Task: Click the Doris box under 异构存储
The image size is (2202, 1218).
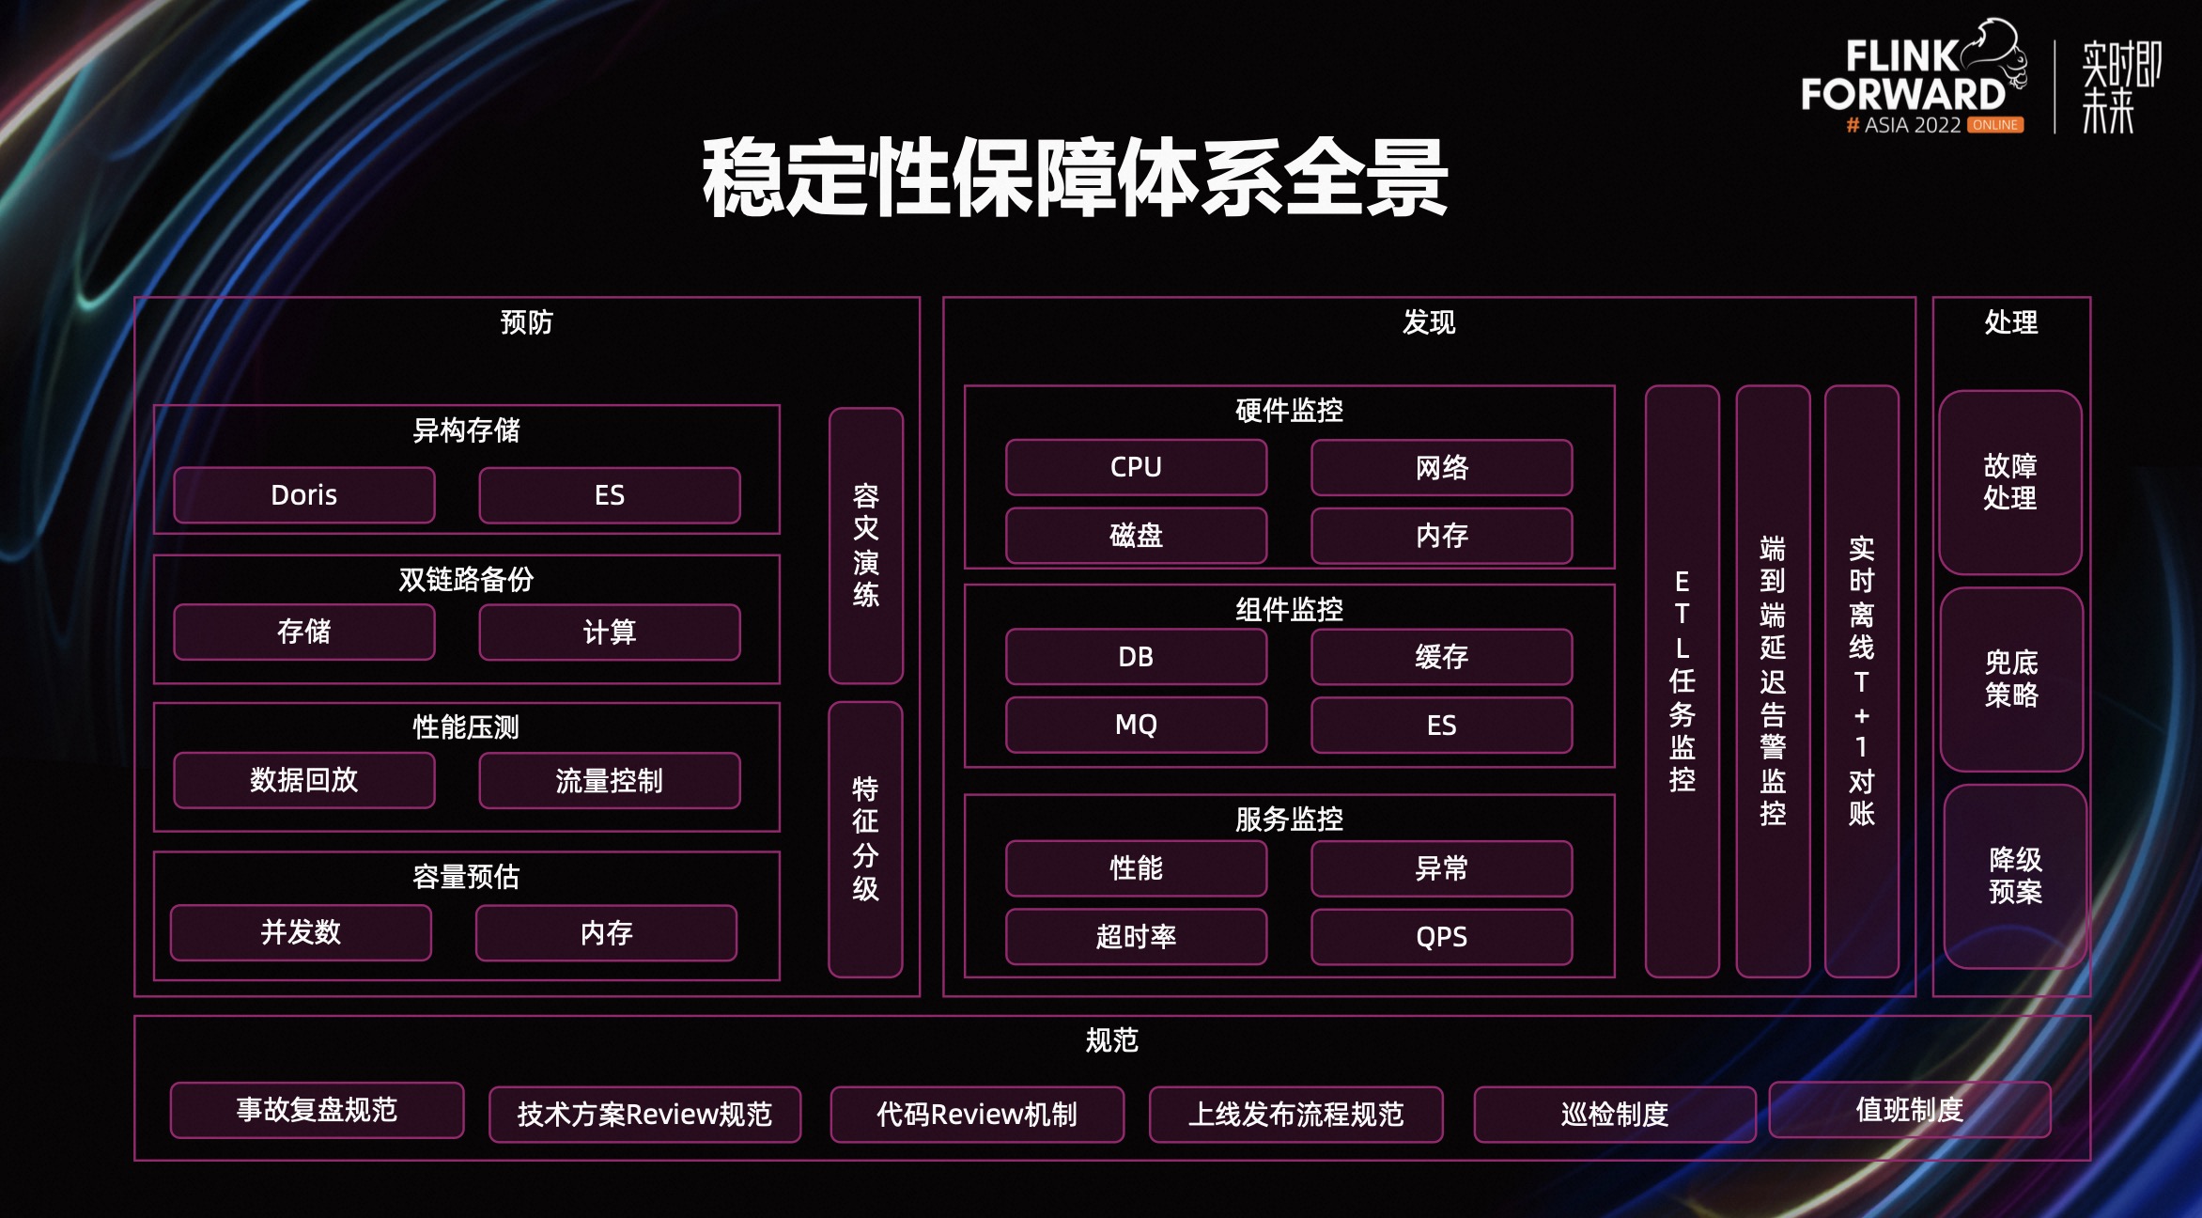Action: [304, 495]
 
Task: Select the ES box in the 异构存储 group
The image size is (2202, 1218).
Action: [610, 495]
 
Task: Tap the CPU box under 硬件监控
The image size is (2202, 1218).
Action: [1136, 467]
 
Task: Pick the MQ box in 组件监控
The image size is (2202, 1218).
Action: [1136, 725]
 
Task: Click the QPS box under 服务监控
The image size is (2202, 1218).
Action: [1441, 936]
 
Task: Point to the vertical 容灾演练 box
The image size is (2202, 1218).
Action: [865, 545]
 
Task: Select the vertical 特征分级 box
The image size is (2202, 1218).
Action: [865, 838]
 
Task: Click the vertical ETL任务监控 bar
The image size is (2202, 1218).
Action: [1682, 680]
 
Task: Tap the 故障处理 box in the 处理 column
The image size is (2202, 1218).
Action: [2010, 482]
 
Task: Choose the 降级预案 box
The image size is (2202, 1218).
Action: [2015, 876]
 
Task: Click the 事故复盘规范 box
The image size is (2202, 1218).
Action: [317, 1110]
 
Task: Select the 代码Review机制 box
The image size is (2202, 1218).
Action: [977, 1115]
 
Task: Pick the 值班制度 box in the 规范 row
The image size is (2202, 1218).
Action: [1909, 1110]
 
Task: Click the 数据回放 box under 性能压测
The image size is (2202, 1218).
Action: [304, 780]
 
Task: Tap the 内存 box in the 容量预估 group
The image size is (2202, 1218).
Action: [606, 933]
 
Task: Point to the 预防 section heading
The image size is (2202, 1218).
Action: [526, 322]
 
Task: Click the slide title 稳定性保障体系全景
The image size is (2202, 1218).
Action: [1075, 179]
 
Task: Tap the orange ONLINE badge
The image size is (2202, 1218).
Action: [1994, 125]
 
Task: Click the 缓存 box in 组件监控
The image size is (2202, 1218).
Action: [1441, 657]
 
